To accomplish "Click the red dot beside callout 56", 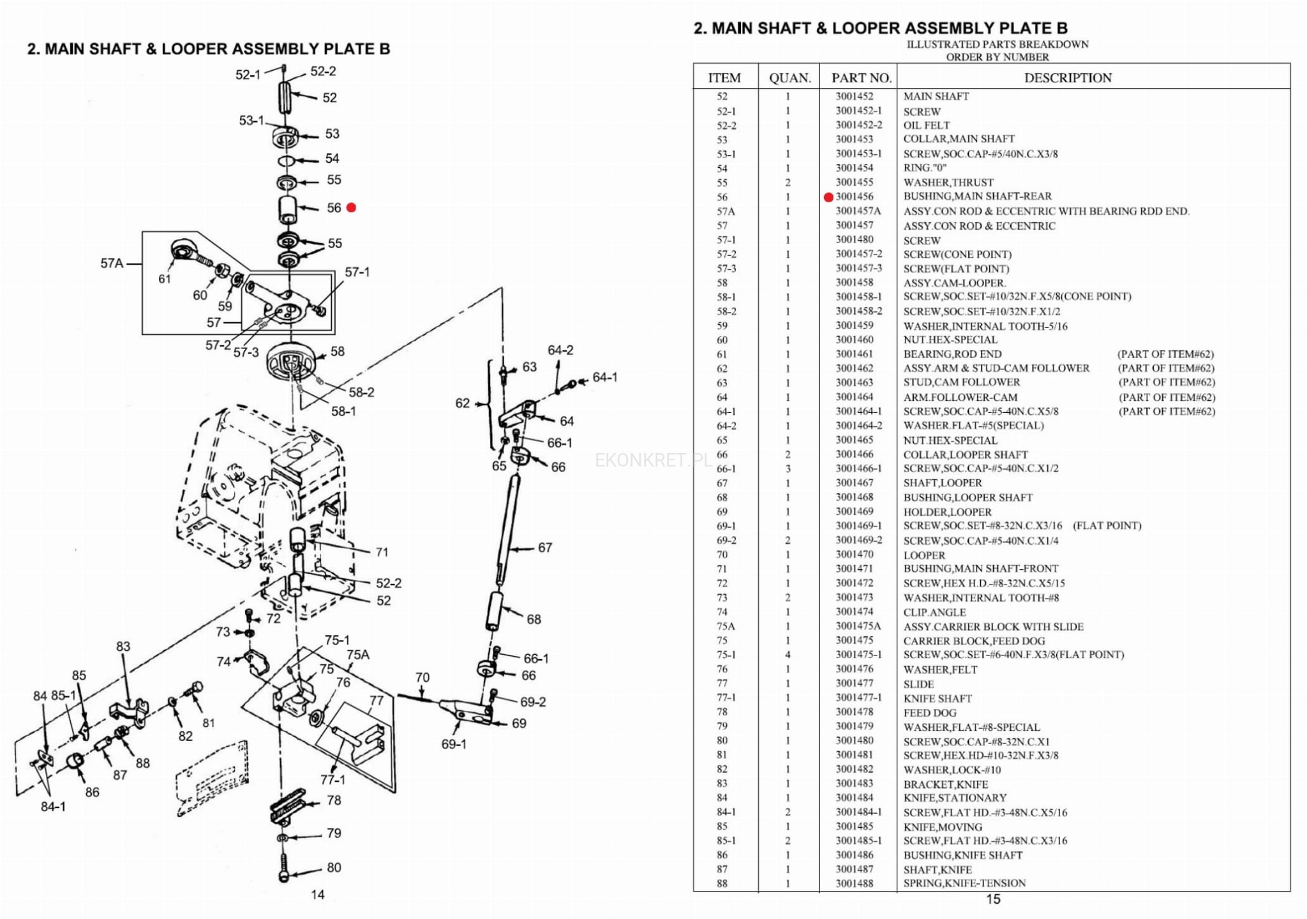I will click(351, 207).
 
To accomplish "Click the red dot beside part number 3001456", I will click(828, 197).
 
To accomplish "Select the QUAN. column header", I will click(789, 78).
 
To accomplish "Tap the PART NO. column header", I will click(861, 78).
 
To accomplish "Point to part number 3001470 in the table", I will click(855, 555).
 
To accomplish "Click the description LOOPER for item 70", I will click(924, 555).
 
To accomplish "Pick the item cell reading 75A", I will click(726, 626).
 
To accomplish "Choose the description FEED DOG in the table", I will click(929, 712).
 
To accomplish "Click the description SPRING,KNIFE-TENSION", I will click(964, 883).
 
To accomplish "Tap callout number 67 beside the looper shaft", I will click(544, 548).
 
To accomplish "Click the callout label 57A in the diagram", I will click(112, 263).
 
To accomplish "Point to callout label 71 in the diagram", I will click(382, 552).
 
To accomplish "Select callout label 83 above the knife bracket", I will click(123, 646).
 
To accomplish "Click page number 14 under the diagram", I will click(318, 895).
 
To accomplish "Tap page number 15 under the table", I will click(993, 899).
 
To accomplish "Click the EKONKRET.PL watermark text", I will click(652, 460).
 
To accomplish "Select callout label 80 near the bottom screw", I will click(334, 867).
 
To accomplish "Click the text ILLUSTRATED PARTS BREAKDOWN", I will click(997, 45).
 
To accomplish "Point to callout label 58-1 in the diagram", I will click(343, 412).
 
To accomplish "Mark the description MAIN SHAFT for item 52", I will click(936, 96).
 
